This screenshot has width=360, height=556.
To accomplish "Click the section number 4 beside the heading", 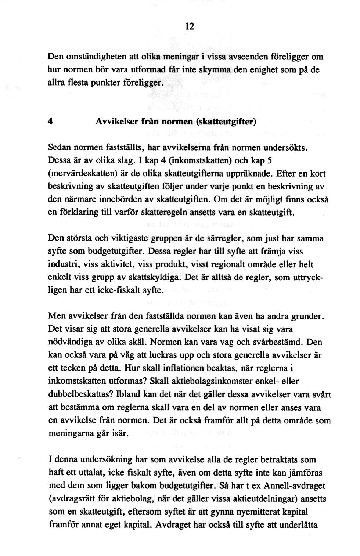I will (50, 122).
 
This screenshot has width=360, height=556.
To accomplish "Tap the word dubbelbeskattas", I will (80, 394).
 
